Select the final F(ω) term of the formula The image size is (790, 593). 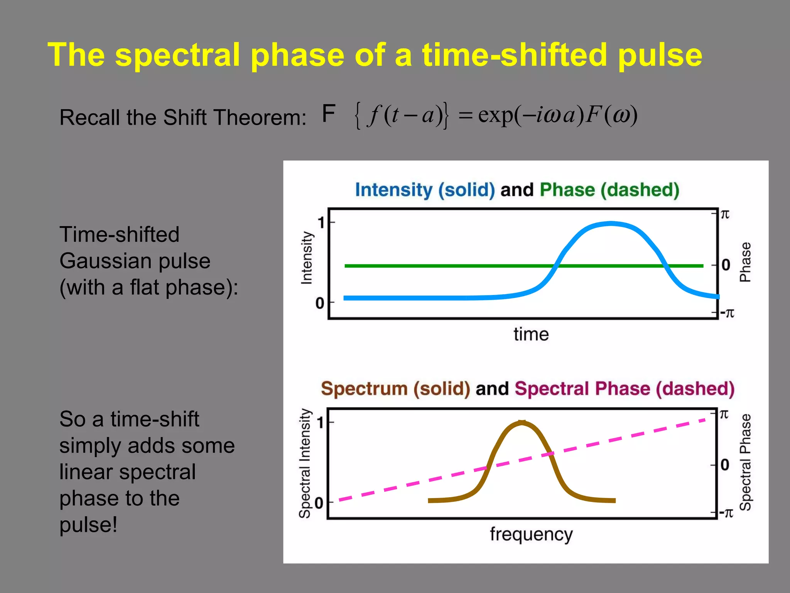pyautogui.click(x=611, y=115)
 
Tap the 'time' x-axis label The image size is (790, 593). pyautogui.click(x=531, y=334)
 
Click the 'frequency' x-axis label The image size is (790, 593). pyautogui.click(x=531, y=535)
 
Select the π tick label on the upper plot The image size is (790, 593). pyautogui.click(x=725, y=214)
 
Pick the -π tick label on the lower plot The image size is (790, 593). pyautogui.click(x=727, y=513)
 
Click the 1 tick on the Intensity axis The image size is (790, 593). pyautogui.click(x=321, y=223)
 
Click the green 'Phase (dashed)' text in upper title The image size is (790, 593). pyautogui.click(x=609, y=190)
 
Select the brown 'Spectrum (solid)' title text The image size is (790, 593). pyautogui.click(x=395, y=388)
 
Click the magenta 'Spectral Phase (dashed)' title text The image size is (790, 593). pyautogui.click(x=624, y=388)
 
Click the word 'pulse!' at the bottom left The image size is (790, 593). pyautogui.click(x=88, y=525)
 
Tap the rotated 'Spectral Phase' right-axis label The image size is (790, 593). pyautogui.click(x=745, y=462)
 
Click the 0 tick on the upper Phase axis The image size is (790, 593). pyautogui.click(x=726, y=265)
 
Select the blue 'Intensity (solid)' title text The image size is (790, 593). pyautogui.click(x=425, y=190)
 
